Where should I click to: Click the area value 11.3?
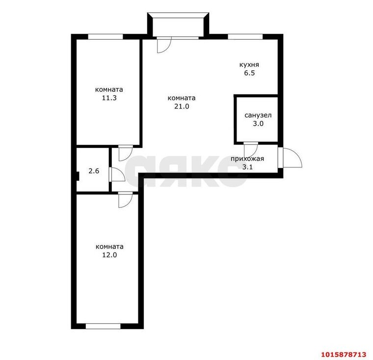[109, 98]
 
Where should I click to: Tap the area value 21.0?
[182, 106]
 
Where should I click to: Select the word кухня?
[249, 64]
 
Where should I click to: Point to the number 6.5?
[249, 73]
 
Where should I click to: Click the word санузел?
[258, 115]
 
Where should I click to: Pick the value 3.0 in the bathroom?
[258, 124]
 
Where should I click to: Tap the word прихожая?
[247, 159]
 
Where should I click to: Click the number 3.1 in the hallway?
[247, 167]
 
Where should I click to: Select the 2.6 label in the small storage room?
[94, 171]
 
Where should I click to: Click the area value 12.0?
[109, 255]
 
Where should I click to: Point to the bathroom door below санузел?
[251, 149]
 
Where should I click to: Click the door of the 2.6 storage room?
[117, 174]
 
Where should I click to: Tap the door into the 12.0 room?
[126, 199]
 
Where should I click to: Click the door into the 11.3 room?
[126, 153]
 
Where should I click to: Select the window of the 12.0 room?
[103, 326]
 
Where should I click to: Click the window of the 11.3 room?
[106, 37]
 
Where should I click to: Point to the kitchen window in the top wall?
[245, 37]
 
